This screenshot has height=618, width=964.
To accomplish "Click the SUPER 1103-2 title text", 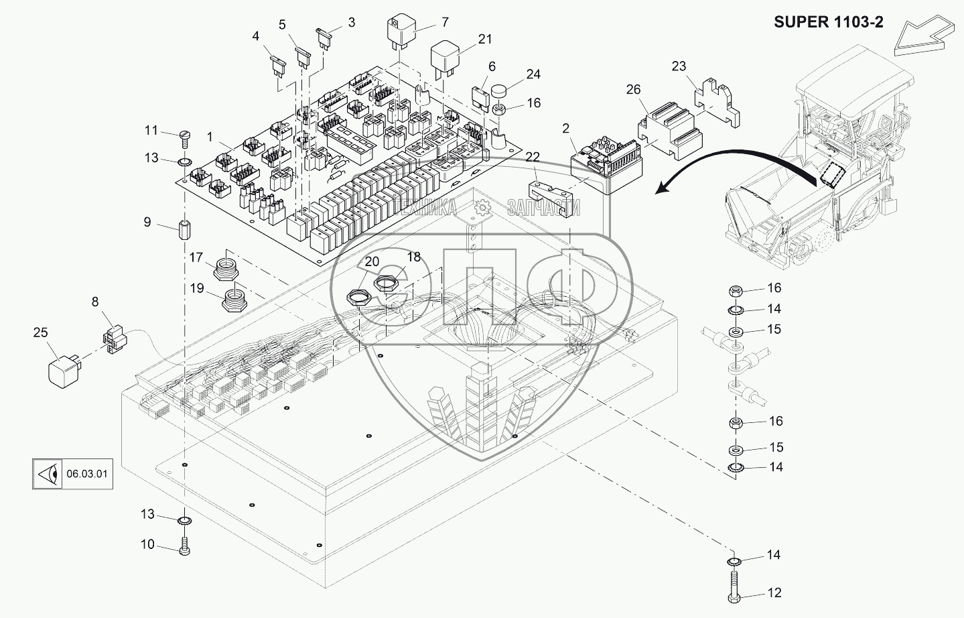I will point(829,22).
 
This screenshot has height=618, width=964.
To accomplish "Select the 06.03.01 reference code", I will point(87,475).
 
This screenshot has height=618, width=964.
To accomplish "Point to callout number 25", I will point(40,331).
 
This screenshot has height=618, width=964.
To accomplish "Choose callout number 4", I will point(256,36).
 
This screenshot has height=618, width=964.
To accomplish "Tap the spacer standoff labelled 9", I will point(184,231).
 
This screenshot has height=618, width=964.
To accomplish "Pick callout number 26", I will point(632,90).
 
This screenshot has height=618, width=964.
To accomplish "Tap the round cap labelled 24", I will point(499,91).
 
